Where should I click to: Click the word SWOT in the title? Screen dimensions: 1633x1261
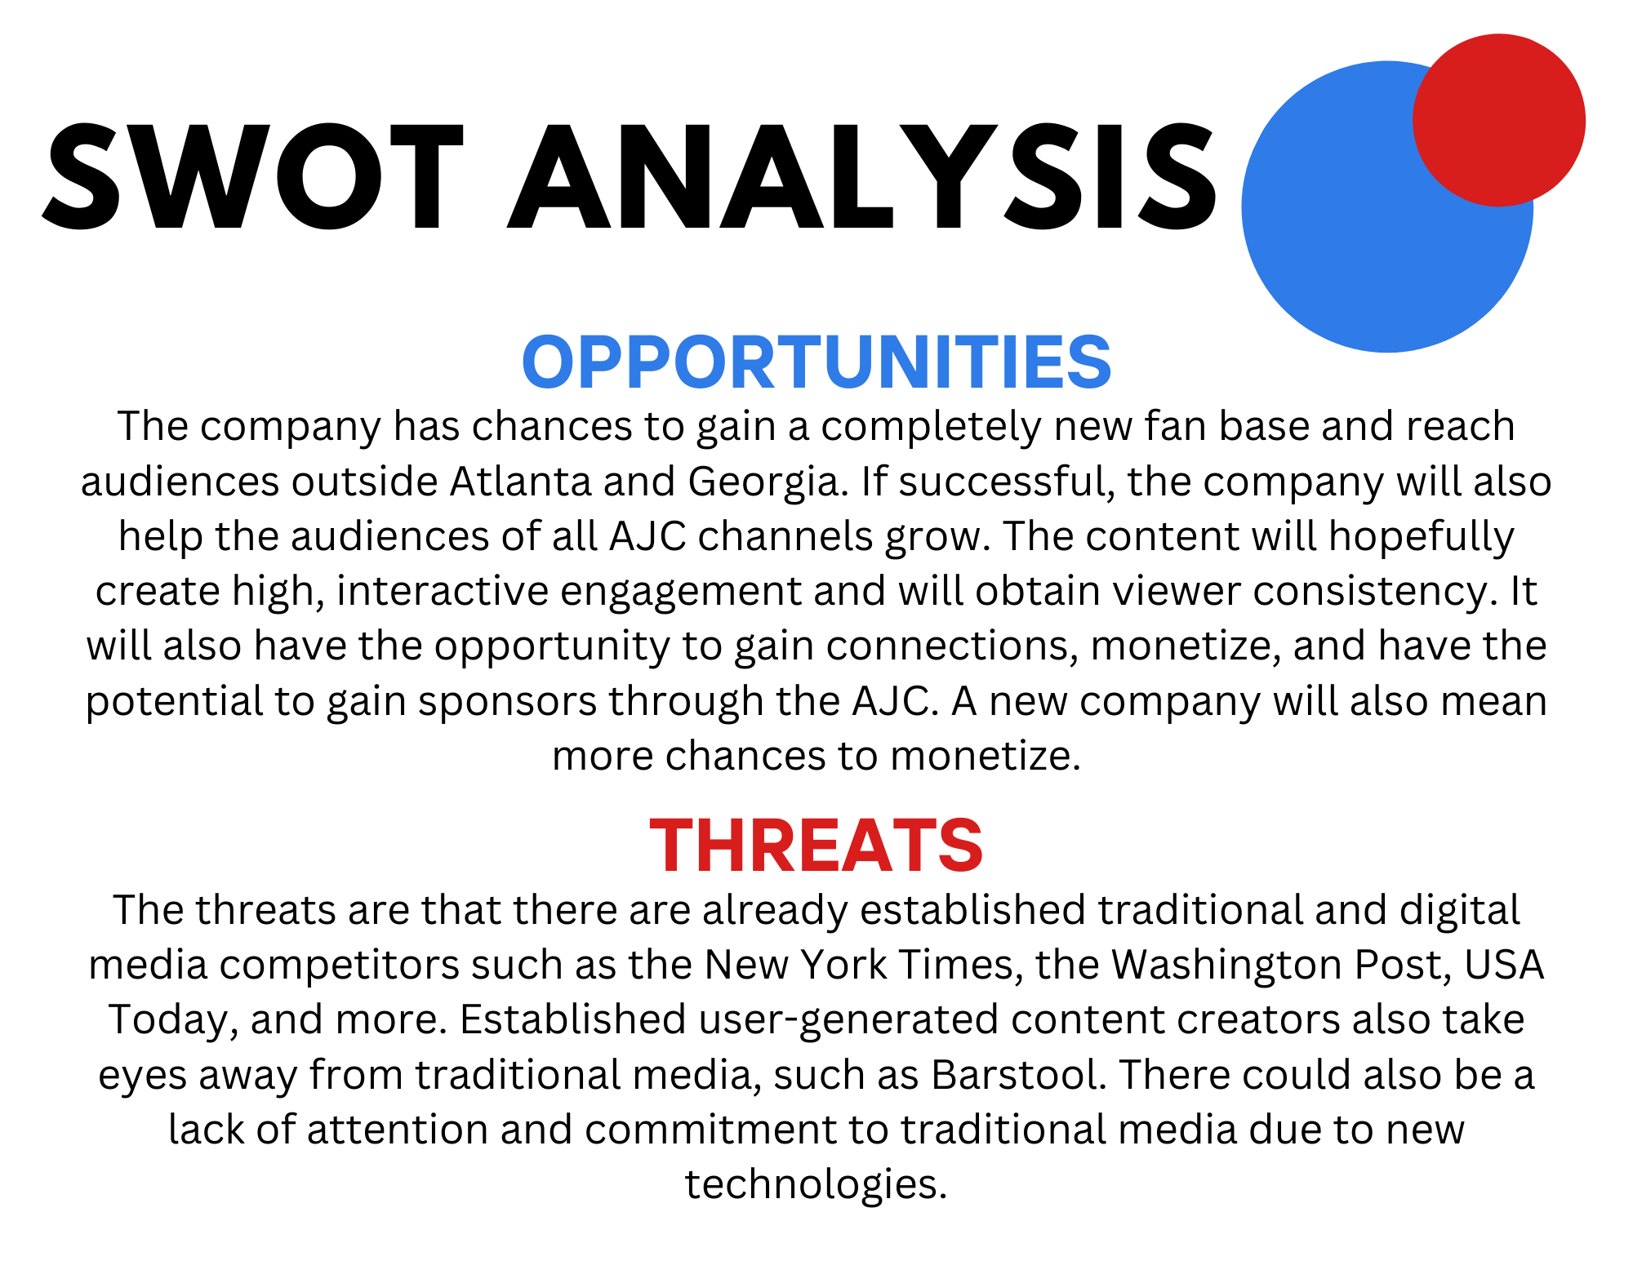click(253, 176)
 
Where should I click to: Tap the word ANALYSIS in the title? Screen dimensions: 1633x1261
click(862, 176)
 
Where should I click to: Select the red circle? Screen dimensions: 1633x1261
click(1499, 120)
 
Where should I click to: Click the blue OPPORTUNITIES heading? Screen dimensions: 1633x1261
click(816, 362)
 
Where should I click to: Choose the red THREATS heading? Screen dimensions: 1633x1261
click(816, 846)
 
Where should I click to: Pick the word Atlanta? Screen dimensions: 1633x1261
click(520, 481)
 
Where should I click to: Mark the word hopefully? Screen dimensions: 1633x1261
click(1421, 537)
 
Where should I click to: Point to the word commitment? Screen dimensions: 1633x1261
click(710, 1129)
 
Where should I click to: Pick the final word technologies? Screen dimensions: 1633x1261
click(816, 1185)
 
